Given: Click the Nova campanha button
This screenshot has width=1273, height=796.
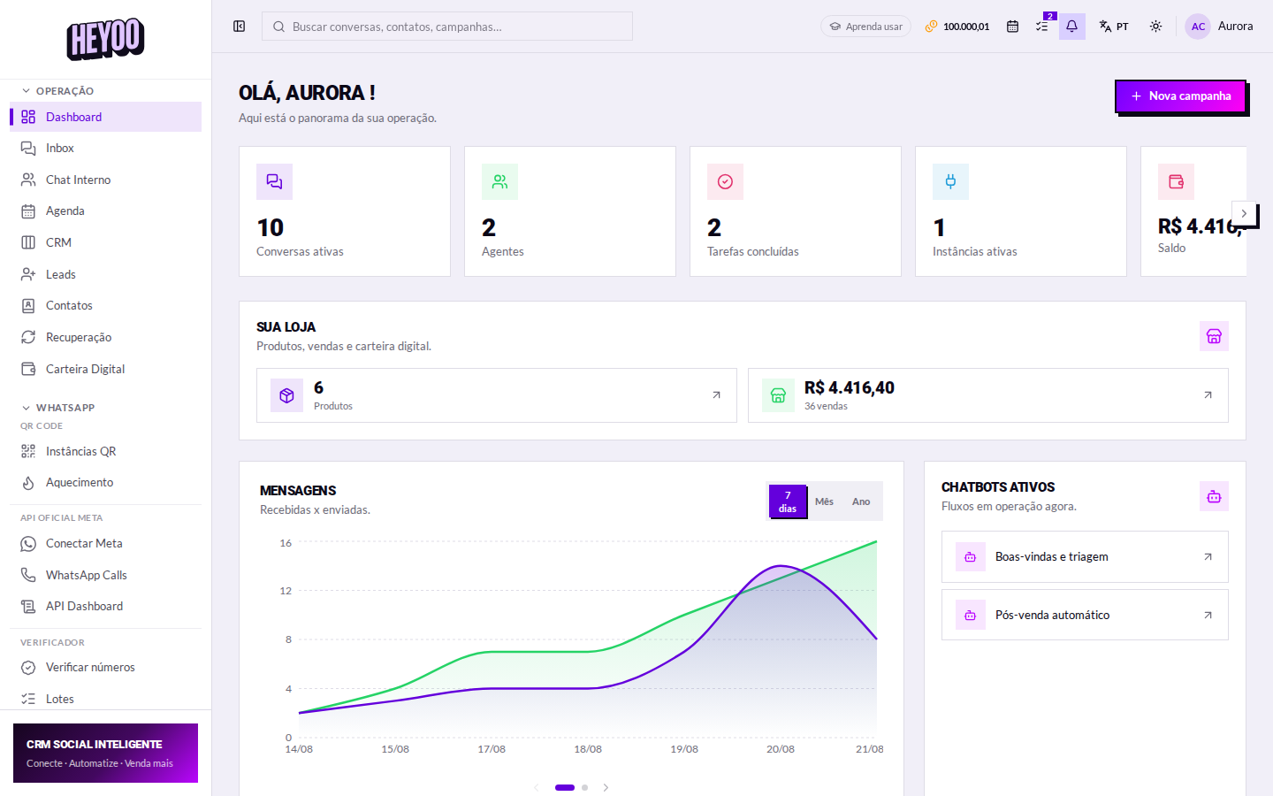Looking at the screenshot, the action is [1180, 96].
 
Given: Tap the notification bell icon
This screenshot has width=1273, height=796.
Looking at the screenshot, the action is [1071, 27].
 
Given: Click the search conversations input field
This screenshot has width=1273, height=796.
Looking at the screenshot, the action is [446, 27].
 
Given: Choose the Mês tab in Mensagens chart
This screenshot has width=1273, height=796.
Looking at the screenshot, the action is [824, 501].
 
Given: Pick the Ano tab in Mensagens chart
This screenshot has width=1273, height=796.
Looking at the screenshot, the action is [861, 501].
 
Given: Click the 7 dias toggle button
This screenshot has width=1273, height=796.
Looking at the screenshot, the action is [788, 501].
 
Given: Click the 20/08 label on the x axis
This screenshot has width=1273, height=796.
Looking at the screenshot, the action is [781, 749].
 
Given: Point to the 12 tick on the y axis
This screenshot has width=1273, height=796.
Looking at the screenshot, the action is [286, 591].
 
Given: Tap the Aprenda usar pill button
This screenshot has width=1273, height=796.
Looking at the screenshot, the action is [865, 27].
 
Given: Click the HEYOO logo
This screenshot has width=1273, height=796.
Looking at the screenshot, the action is [106, 39].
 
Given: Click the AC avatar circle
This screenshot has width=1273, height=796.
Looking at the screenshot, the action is [1197, 27].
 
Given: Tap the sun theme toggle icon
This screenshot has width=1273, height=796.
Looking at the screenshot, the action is [1155, 27].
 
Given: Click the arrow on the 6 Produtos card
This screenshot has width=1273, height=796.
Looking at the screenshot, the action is [716, 395].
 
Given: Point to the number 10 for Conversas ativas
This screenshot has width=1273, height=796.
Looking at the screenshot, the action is [270, 228].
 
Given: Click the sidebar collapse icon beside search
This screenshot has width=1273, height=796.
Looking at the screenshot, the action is [240, 27].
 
